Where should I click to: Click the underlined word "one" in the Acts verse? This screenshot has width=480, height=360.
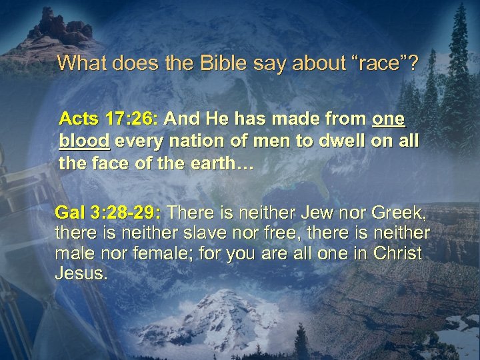pos(388,119)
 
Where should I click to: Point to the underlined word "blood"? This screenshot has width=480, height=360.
pos(85,142)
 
